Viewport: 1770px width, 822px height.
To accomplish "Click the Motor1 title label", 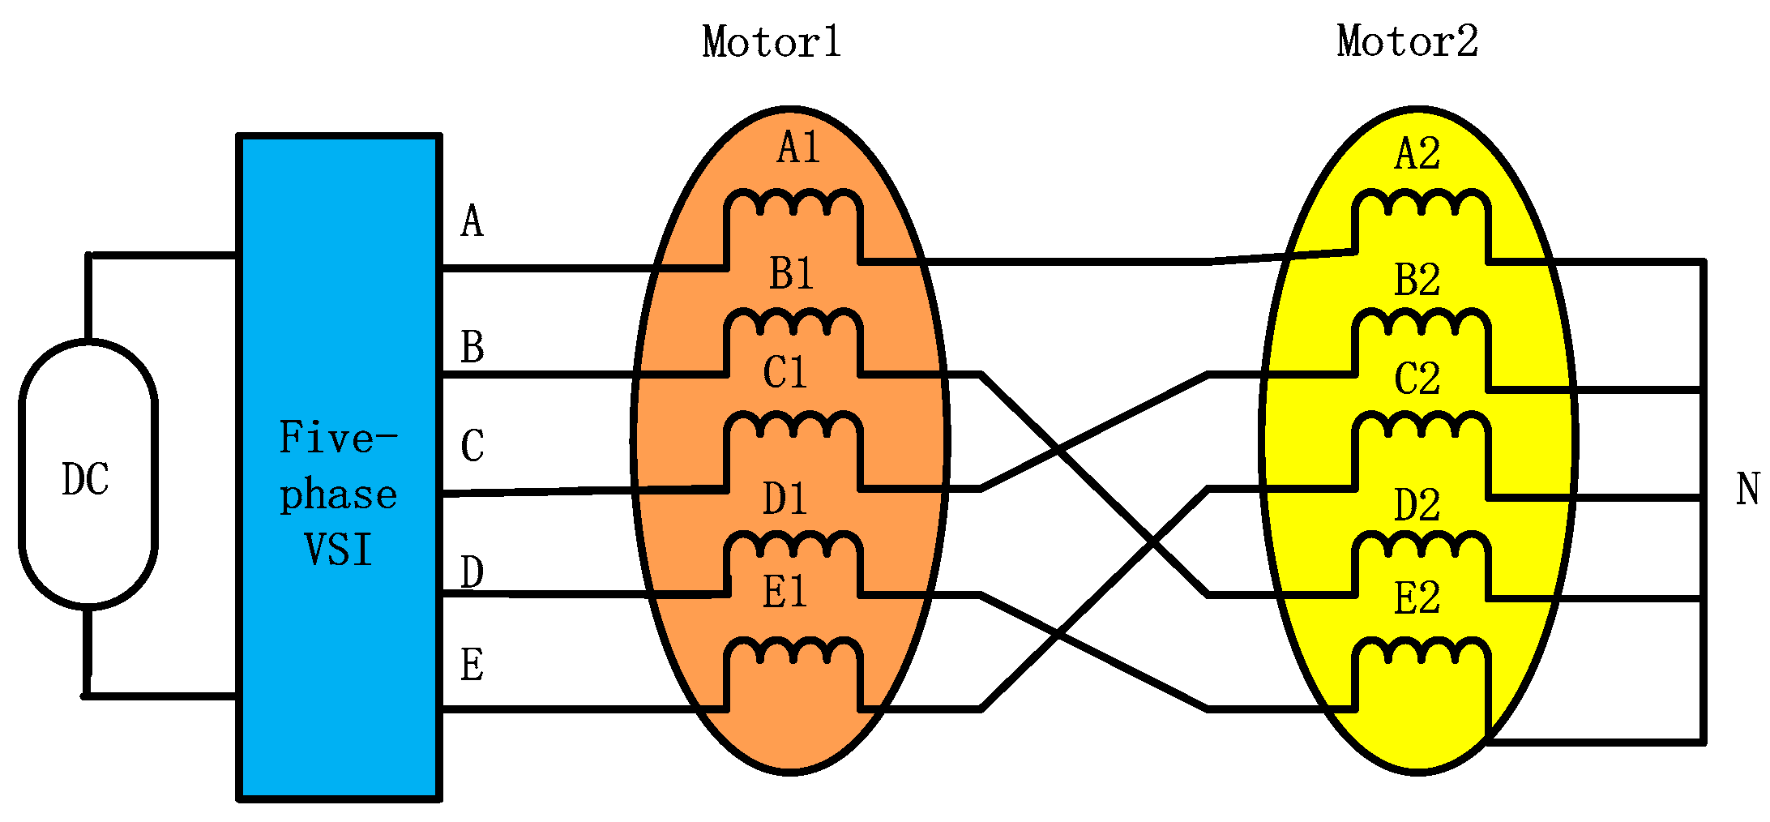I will pyautogui.click(x=772, y=42).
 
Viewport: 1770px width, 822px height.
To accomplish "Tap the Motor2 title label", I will pyautogui.click(x=1408, y=41).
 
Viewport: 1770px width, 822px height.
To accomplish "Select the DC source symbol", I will pyautogui.click(x=88, y=474).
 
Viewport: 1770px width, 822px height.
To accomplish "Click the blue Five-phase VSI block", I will pyautogui.click(x=339, y=466).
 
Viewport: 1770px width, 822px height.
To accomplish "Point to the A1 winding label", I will pyautogui.click(x=798, y=148).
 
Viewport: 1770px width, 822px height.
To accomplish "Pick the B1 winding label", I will pyautogui.click(x=791, y=274).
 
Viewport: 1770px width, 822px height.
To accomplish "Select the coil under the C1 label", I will pyautogui.click(x=793, y=426).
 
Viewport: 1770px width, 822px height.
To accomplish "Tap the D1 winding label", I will pyautogui.click(x=785, y=499).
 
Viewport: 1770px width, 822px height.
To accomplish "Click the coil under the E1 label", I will pyautogui.click(x=793, y=652).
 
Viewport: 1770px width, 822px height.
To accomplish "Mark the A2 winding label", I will pyautogui.click(x=1417, y=154).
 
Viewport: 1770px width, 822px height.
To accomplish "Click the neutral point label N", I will pyautogui.click(x=1748, y=490).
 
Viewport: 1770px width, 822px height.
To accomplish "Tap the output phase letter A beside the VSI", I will pyautogui.click(x=472, y=221).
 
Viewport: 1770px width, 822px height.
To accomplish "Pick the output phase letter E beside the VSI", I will pyautogui.click(x=472, y=666).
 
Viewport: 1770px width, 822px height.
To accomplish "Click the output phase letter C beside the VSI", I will pyautogui.click(x=472, y=446).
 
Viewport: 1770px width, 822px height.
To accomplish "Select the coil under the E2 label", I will pyautogui.click(x=1421, y=653).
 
